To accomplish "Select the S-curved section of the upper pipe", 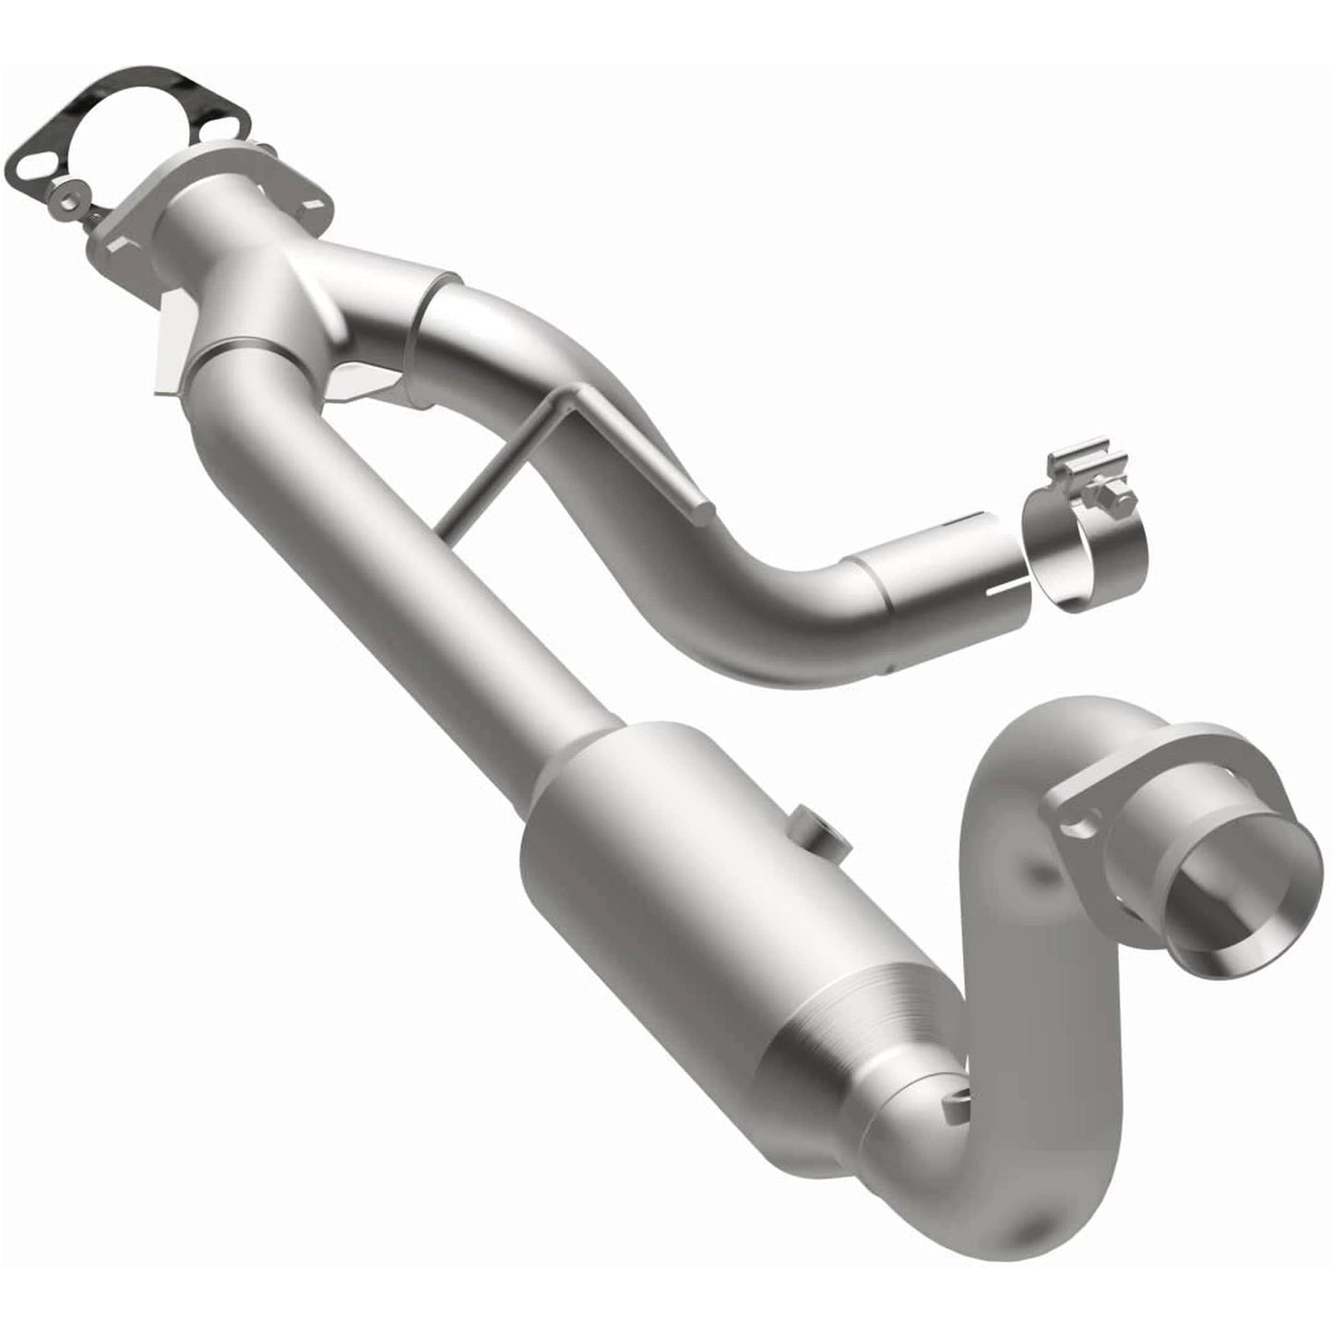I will point(627,443).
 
